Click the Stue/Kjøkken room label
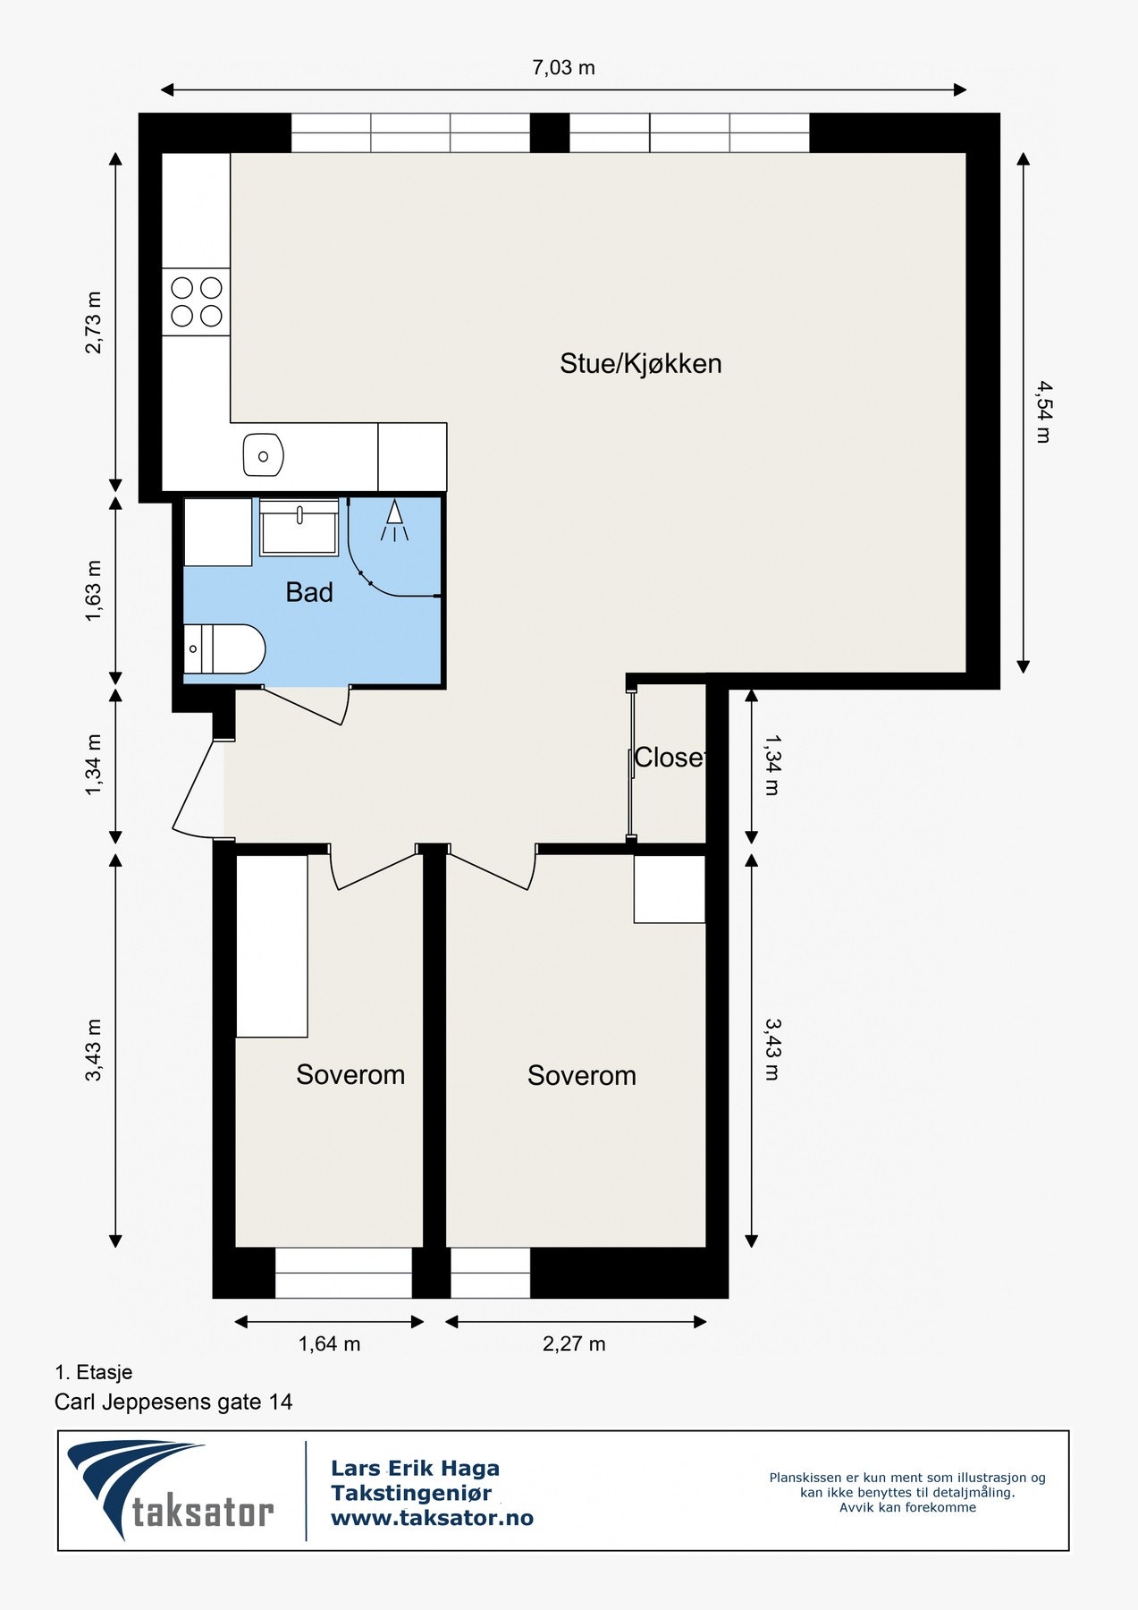point(640,364)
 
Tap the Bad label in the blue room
point(309,592)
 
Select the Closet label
point(669,758)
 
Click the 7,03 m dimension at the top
point(563,68)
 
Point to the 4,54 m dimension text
point(1043,411)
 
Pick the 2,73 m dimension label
point(93,322)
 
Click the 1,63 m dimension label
point(93,591)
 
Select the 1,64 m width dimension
point(329,1343)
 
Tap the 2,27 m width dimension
point(574,1343)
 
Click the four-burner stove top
point(197,301)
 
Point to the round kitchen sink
point(263,455)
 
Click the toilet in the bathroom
point(225,648)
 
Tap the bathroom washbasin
point(299,528)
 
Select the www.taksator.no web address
point(432,1518)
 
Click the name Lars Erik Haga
point(415,1468)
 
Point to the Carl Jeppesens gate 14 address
point(173,1402)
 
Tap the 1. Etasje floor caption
point(93,1372)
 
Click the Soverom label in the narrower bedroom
point(350,1074)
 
